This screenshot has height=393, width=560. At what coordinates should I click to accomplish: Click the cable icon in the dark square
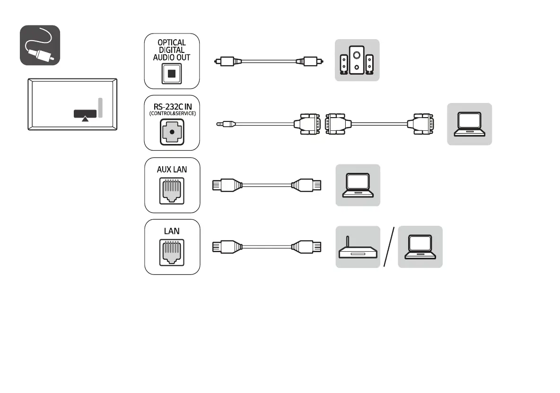pyautogui.click(x=40, y=45)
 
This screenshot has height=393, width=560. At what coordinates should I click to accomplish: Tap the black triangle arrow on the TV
pyautogui.click(x=85, y=119)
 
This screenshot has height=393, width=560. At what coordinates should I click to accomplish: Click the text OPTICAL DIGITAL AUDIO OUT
pyautogui.click(x=172, y=50)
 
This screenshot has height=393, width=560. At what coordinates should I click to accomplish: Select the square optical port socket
pyautogui.click(x=172, y=74)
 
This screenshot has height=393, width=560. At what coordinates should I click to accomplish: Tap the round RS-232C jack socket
pyautogui.click(x=172, y=133)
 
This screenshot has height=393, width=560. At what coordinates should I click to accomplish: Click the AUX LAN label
pyautogui.click(x=172, y=169)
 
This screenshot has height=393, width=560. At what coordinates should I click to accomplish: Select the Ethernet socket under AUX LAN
pyautogui.click(x=172, y=191)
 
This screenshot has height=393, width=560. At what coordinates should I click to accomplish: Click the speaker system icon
pyautogui.click(x=357, y=60)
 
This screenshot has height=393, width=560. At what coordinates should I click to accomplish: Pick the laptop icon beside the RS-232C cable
pyautogui.click(x=469, y=124)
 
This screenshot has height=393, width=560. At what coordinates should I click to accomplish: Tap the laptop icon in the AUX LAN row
pyautogui.click(x=358, y=185)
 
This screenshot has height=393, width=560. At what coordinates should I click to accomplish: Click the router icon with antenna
pyautogui.click(x=358, y=248)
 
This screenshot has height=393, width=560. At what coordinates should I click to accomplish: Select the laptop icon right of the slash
pyautogui.click(x=420, y=247)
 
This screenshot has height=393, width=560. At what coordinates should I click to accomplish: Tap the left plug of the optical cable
pyautogui.click(x=223, y=61)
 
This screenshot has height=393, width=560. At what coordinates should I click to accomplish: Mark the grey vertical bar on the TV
pyautogui.click(x=100, y=108)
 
